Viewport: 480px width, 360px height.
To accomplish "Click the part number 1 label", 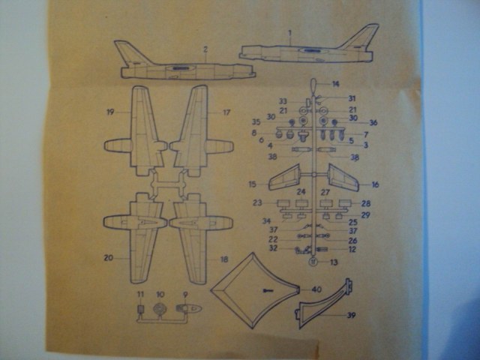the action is click(x=290, y=33).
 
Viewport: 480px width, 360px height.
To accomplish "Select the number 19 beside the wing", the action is click(x=109, y=113).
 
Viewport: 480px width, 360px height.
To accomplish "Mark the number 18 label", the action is click(x=224, y=259).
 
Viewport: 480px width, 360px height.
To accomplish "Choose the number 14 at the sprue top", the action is click(x=335, y=83).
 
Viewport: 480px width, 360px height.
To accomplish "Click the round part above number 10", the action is click(x=159, y=310).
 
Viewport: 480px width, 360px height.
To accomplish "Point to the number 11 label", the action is click(x=139, y=294).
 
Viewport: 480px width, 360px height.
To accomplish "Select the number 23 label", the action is click(x=256, y=202).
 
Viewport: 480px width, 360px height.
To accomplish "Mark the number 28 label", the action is click(x=366, y=203).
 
